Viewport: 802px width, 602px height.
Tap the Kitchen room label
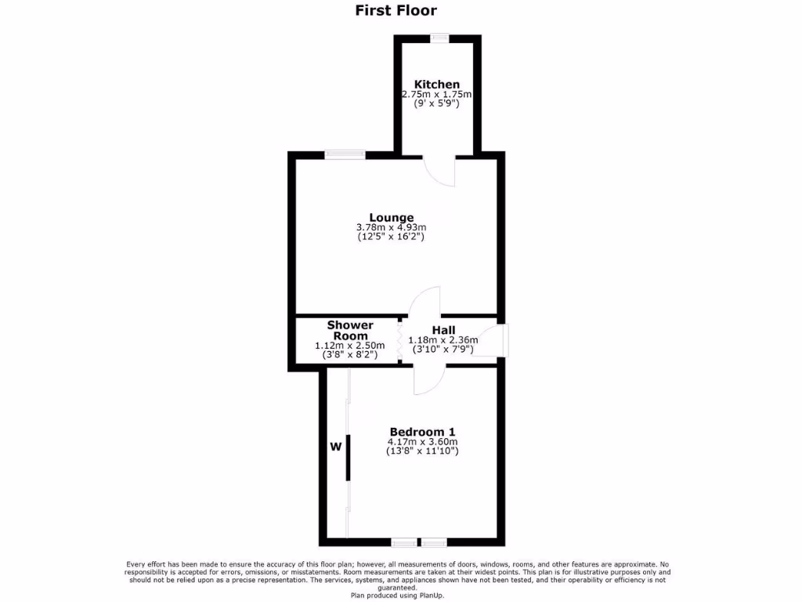(437, 85)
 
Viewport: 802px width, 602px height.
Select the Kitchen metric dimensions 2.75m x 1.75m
(437, 94)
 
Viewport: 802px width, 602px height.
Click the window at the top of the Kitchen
(439, 37)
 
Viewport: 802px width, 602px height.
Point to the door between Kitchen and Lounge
(439, 171)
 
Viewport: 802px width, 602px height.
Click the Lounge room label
(392, 218)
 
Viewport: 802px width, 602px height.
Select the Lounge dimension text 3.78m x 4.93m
(392, 227)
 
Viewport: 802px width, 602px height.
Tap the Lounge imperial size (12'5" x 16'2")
(392, 236)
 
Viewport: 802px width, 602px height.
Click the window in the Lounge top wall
(345, 154)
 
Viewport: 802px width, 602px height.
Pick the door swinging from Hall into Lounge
(427, 302)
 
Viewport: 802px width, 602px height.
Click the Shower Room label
(350, 330)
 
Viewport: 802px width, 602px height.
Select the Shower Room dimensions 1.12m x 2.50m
(350, 346)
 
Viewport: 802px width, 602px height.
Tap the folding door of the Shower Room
(400, 341)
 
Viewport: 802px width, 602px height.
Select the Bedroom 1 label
(422, 432)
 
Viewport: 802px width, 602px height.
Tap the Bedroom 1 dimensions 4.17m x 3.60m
(422, 441)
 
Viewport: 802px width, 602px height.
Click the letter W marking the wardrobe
(335, 447)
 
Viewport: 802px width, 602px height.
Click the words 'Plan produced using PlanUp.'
(402, 596)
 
